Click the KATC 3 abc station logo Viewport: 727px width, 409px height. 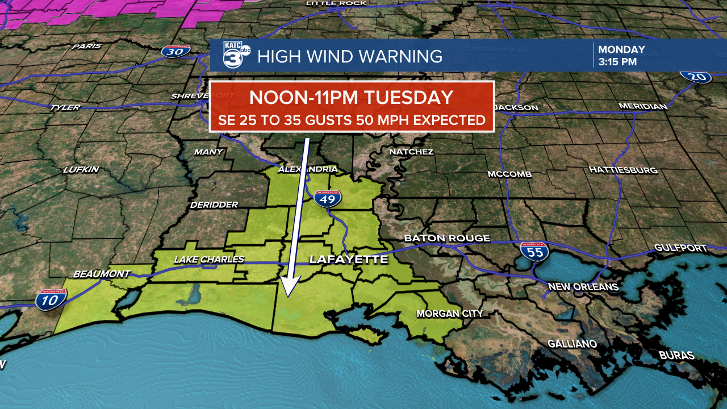[x=236, y=56]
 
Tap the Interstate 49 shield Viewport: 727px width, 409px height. [x=327, y=198]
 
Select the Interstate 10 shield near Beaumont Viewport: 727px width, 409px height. [x=51, y=299]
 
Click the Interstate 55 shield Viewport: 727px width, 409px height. [x=534, y=251]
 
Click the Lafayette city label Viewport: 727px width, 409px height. [x=348, y=260]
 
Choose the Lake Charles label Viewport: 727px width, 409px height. [x=208, y=260]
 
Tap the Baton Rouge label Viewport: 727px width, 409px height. [x=446, y=238]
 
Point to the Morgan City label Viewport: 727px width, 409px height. [x=449, y=314]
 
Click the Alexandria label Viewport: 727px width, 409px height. [x=307, y=169]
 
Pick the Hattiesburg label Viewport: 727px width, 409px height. [x=623, y=170]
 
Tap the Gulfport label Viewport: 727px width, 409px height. [x=680, y=248]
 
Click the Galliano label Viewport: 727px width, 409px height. [x=572, y=344]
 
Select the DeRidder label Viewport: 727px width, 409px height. [x=214, y=204]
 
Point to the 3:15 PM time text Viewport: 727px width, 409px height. [x=617, y=62]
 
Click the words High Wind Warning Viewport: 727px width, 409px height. [x=349, y=56]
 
